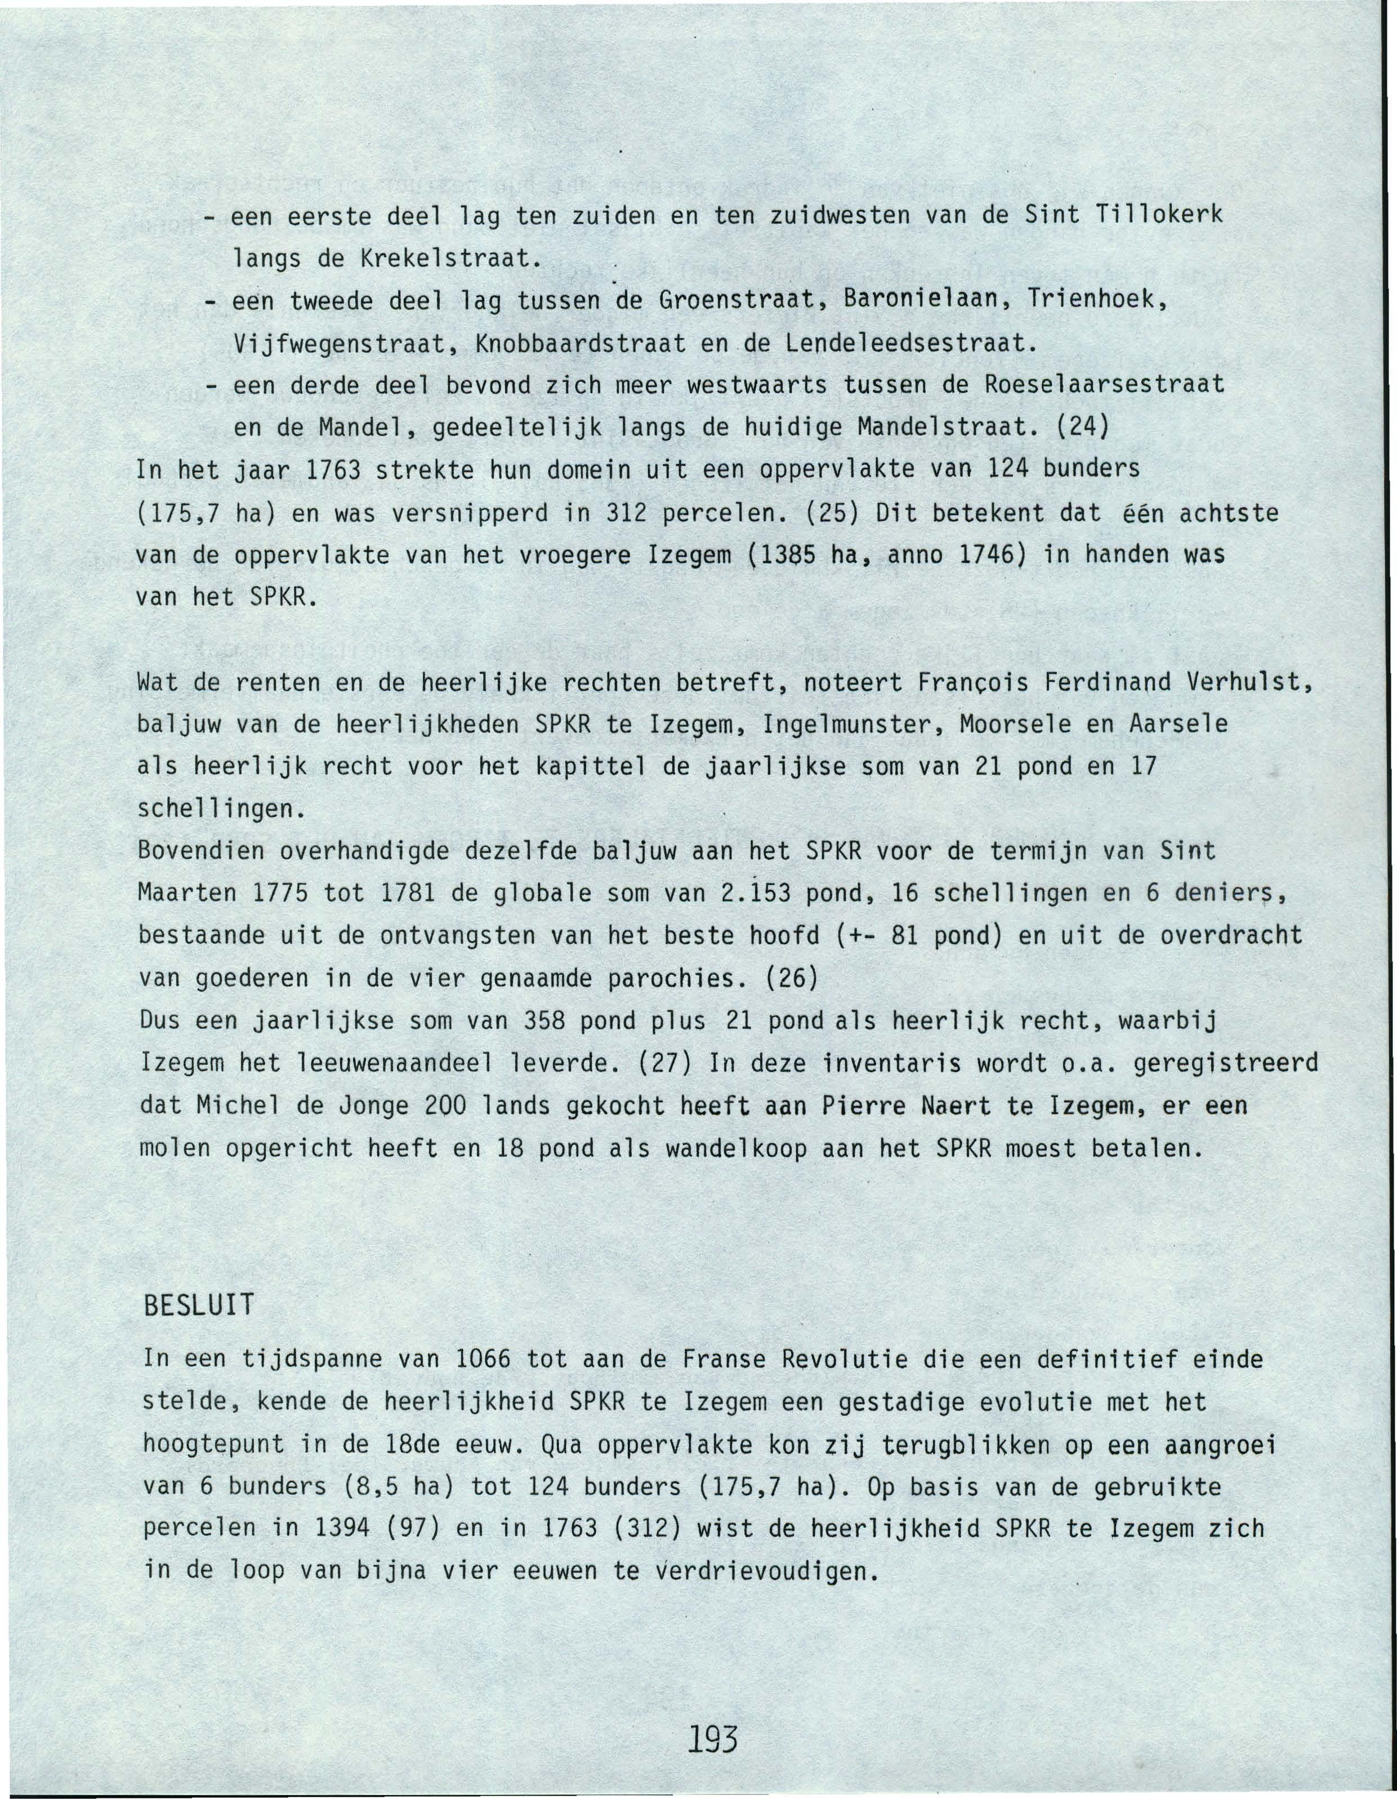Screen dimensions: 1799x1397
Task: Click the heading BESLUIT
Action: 199,1306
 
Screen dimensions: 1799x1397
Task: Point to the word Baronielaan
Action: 925,301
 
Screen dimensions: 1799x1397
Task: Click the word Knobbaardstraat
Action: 580,343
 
